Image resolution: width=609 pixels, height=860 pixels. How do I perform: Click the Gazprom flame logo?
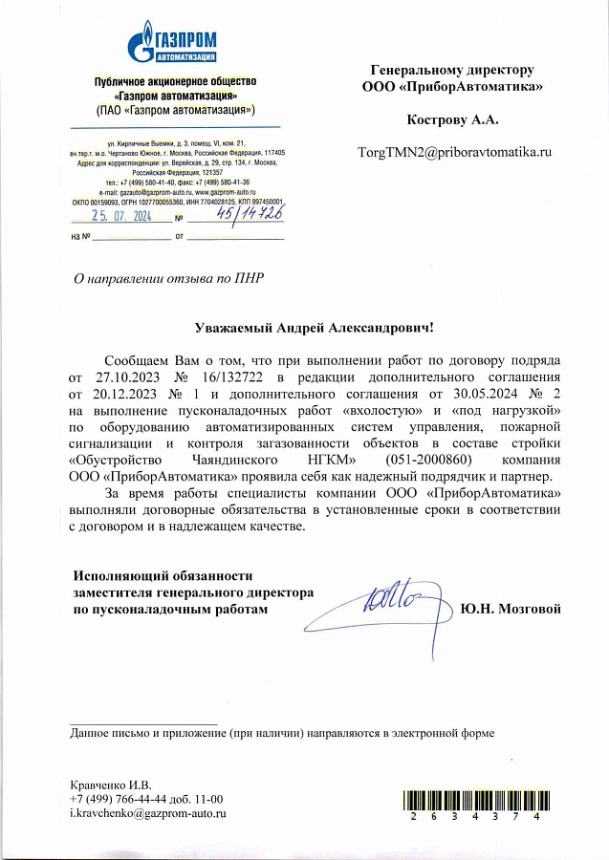click(x=141, y=43)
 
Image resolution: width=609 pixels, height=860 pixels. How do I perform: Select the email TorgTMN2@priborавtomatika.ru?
click(x=455, y=152)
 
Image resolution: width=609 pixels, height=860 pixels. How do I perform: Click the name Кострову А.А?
click(x=453, y=119)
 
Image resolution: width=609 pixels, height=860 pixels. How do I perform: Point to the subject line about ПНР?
click(x=168, y=279)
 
